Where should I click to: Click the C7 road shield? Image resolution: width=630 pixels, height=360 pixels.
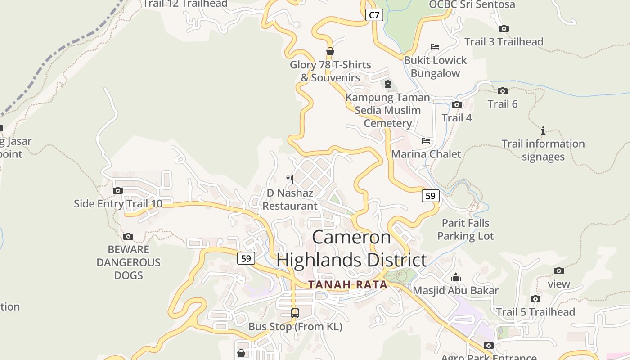click(374, 15)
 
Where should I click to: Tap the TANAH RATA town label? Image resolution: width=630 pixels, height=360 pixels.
click(348, 285)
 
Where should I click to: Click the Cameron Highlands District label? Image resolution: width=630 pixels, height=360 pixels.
click(351, 249)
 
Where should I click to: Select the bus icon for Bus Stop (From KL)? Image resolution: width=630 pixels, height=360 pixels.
click(295, 313)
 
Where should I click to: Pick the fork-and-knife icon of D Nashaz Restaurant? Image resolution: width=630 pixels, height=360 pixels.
click(290, 180)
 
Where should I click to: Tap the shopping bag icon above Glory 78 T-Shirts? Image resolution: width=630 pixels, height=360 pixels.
click(330, 51)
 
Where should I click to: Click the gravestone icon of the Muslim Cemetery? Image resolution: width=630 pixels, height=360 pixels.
click(388, 84)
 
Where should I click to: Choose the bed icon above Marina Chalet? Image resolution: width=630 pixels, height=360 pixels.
click(426, 141)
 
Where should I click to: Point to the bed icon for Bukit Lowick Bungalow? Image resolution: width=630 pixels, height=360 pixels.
click(435, 47)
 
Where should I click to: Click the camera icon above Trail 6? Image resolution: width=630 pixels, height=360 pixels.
click(503, 91)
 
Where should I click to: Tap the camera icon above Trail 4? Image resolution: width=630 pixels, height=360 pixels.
click(457, 105)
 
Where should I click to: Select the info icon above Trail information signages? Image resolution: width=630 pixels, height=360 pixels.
click(543, 130)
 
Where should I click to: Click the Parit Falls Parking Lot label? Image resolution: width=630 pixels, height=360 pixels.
click(465, 229)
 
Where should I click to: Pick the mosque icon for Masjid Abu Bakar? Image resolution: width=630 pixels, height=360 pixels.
click(456, 277)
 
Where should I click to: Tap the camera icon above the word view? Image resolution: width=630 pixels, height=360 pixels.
click(559, 270)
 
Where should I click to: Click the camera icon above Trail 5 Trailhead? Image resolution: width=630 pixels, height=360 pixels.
click(535, 299)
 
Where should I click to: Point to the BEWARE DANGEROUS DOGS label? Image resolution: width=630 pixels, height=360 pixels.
click(128, 262)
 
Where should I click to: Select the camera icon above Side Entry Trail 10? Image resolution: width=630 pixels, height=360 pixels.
click(118, 190)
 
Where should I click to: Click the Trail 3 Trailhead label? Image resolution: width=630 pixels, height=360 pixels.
click(504, 42)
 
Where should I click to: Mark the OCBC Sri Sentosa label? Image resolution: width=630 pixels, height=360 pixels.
click(472, 4)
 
